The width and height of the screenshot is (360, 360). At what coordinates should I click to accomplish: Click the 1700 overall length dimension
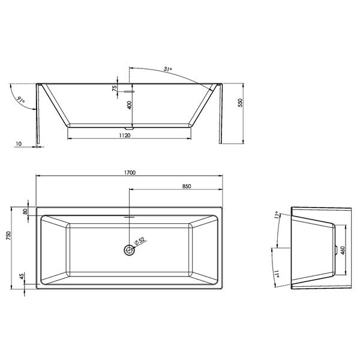(130, 172)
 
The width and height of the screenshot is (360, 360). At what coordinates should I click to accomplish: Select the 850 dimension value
(187, 186)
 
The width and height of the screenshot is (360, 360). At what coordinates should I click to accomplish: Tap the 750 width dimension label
(9, 236)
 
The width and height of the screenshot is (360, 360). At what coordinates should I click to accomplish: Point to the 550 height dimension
(240, 103)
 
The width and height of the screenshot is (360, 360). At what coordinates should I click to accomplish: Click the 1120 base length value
(125, 136)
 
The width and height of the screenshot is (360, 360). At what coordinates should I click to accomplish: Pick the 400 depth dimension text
(130, 105)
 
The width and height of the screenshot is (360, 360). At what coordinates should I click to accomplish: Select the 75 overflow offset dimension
(115, 88)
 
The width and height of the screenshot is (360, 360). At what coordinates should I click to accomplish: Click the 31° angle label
(168, 69)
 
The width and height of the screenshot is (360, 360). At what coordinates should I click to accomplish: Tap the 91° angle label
(20, 100)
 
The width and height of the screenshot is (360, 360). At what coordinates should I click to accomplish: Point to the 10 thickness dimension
(19, 144)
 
